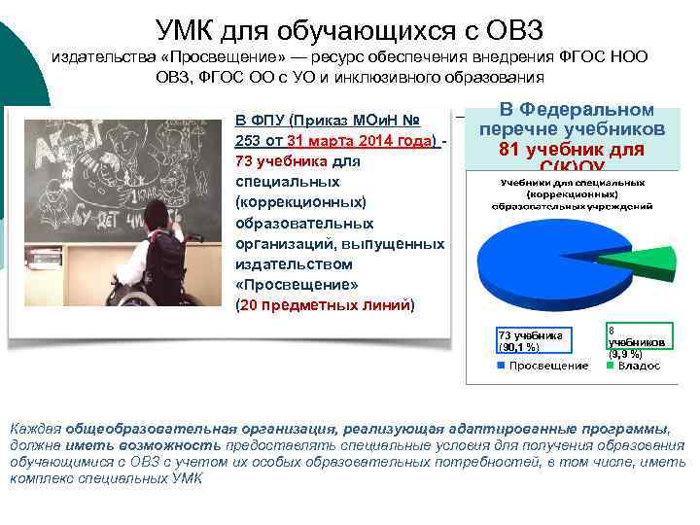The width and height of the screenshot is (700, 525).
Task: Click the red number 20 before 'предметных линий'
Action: (x=249, y=304)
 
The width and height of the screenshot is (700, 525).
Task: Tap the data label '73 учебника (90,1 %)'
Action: (x=531, y=340)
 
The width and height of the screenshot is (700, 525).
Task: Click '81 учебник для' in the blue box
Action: (x=572, y=149)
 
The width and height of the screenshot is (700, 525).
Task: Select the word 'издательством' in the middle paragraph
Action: (x=283, y=263)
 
